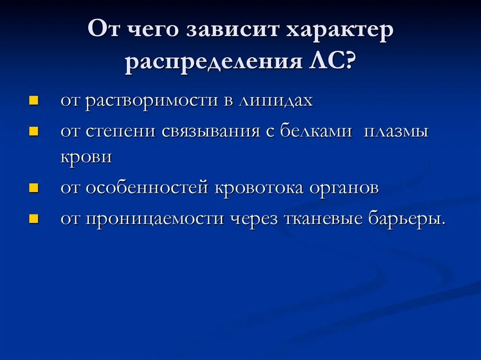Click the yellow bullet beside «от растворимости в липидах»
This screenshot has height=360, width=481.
pyautogui.click(x=33, y=100)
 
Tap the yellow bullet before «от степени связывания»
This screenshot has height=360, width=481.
pyautogui.click(x=33, y=131)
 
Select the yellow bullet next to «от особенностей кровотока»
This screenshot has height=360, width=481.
pyautogui.click(x=33, y=188)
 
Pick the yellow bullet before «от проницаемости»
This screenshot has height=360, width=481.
pyautogui.click(x=33, y=219)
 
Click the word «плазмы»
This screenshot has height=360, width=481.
pyautogui.click(x=396, y=131)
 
